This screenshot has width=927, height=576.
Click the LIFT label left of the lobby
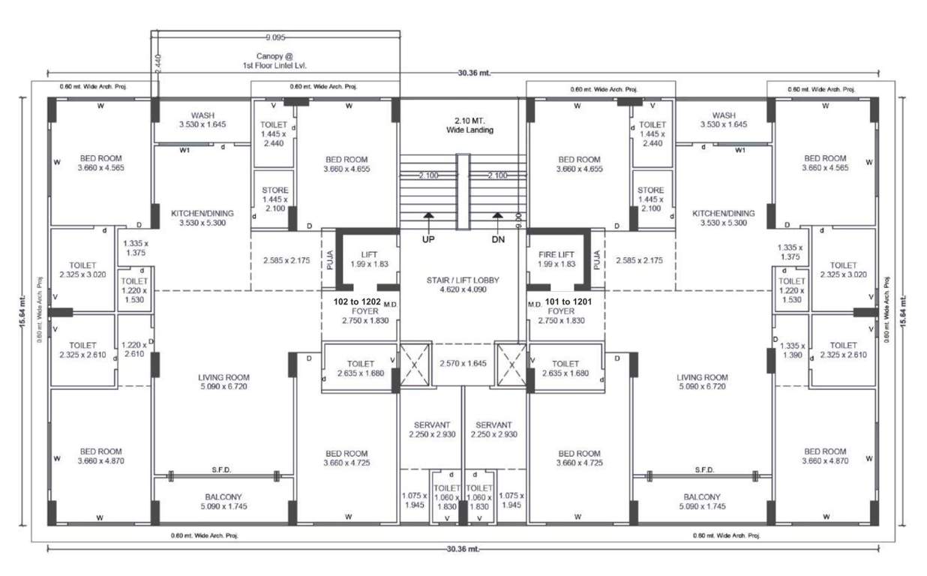click(367, 254)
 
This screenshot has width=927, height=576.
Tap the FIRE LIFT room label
click(556, 254)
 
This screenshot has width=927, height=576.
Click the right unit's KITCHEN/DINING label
click(723, 213)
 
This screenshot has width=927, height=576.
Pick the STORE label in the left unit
click(275, 190)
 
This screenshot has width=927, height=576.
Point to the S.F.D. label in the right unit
click(703, 469)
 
